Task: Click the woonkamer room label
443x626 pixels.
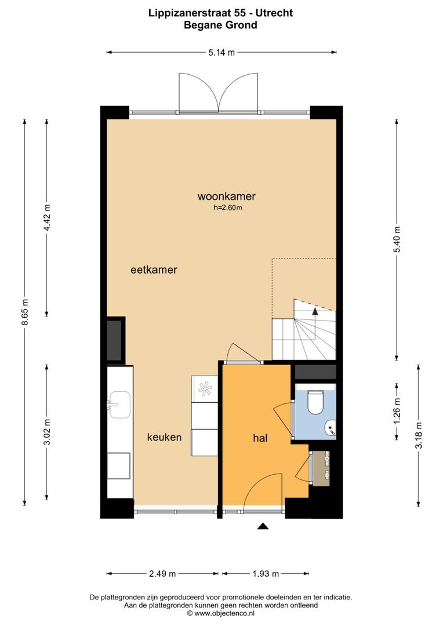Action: [x=226, y=196]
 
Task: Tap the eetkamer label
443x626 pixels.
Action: [x=154, y=270]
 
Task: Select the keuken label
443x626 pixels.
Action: [x=164, y=437]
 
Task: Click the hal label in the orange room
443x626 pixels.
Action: [x=259, y=439]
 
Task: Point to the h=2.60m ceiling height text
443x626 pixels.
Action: [x=227, y=208]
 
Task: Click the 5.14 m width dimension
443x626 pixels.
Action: [x=221, y=53]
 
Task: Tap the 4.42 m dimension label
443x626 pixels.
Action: [x=47, y=218]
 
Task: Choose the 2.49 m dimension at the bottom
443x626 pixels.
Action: [x=162, y=574]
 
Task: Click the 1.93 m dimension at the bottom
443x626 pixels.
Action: [x=266, y=574]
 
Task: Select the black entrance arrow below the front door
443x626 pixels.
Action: [x=263, y=526]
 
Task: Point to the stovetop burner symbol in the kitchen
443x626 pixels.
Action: [x=205, y=388]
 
